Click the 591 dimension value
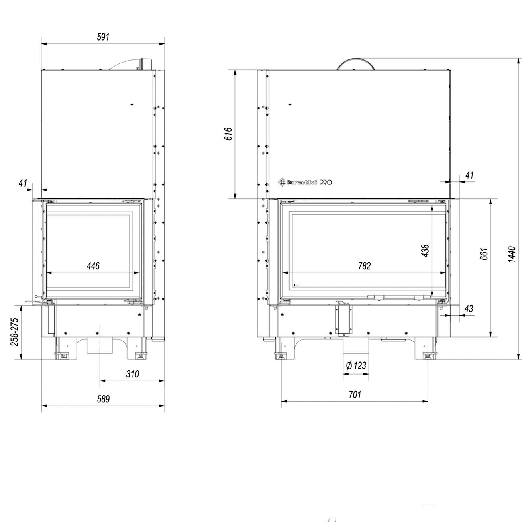103,37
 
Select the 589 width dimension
103,399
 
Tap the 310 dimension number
132,374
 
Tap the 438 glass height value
425,251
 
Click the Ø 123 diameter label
356,365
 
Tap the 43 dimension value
468,308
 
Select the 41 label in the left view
23,183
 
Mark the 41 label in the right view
470,175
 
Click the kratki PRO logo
306,182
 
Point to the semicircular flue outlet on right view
356,65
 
